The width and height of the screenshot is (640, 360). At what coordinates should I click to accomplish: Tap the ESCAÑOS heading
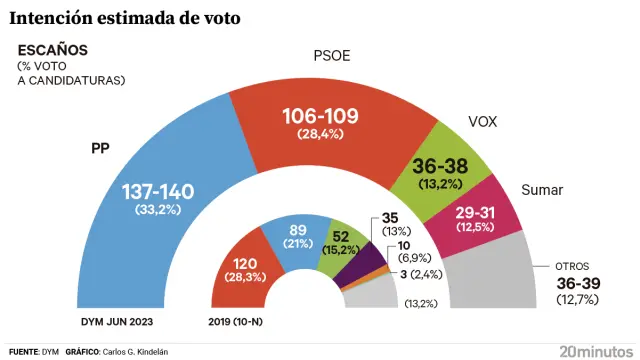[x=52, y=49]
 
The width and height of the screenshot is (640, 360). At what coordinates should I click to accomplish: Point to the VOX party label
[x=483, y=122]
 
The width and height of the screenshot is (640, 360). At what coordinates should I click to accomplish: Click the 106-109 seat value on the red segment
[x=314, y=116]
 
